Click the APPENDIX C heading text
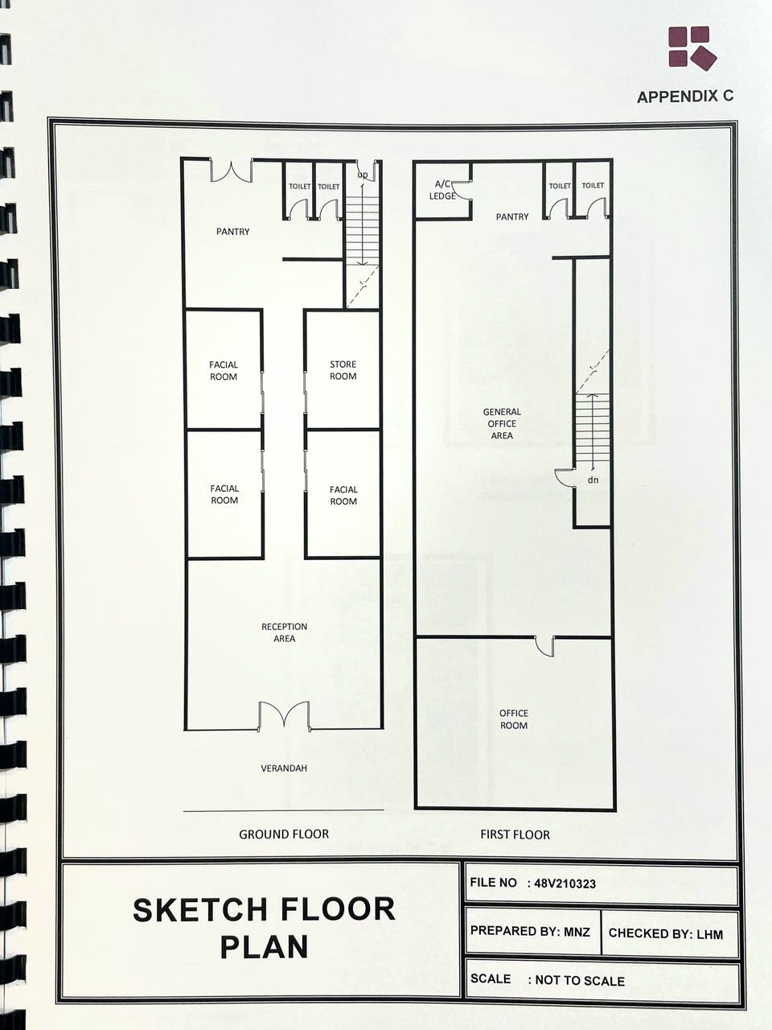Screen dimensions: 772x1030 [x=685, y=97]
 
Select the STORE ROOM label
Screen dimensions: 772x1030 [x=343, y=370]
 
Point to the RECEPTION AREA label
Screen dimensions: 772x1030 [x=284, y=632]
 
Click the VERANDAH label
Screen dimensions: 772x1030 [x=284, y=768]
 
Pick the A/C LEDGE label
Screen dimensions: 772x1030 [x=442, y=190]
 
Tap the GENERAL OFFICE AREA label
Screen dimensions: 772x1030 [x=502, y=423]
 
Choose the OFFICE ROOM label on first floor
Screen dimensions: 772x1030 [x=514, y=719]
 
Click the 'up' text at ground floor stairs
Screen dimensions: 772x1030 [x=363, y=175]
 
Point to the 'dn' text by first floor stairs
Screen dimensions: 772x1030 [x=593, y=480]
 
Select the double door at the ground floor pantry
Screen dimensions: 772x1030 [x=231, y=171]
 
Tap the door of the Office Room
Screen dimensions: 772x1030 [x=544, y=647]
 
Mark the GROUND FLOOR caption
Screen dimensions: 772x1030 [x=284, y=834]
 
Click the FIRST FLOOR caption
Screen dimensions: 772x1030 [x=515, y=834]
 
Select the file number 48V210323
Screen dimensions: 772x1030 [x=565, y=884]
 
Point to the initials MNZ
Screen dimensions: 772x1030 [x=577, y=931]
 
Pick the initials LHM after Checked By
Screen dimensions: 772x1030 [x=709, y=933]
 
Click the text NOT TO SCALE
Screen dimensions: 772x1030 [x=580, y=981]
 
